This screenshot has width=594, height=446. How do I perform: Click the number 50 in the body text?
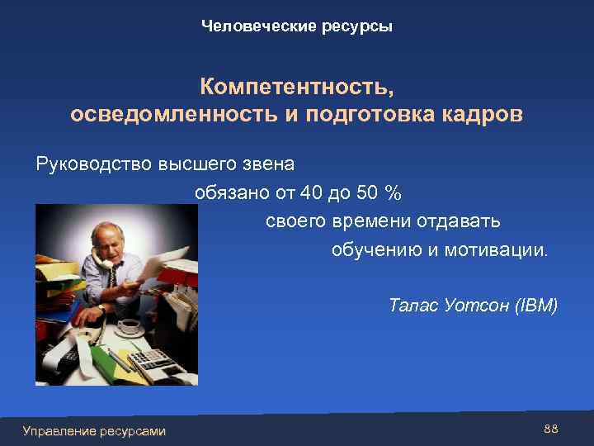coord(368,193)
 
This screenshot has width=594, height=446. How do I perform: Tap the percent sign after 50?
coord(394,193)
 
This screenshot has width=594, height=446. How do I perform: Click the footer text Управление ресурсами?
coord(94,430)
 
